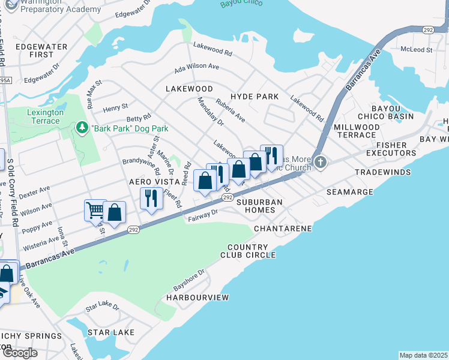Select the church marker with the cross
321,162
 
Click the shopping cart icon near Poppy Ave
95,211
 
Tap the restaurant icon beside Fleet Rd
151,198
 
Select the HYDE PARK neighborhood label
255,97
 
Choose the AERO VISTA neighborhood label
155,181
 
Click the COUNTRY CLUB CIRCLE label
252,251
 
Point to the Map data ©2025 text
423,355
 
